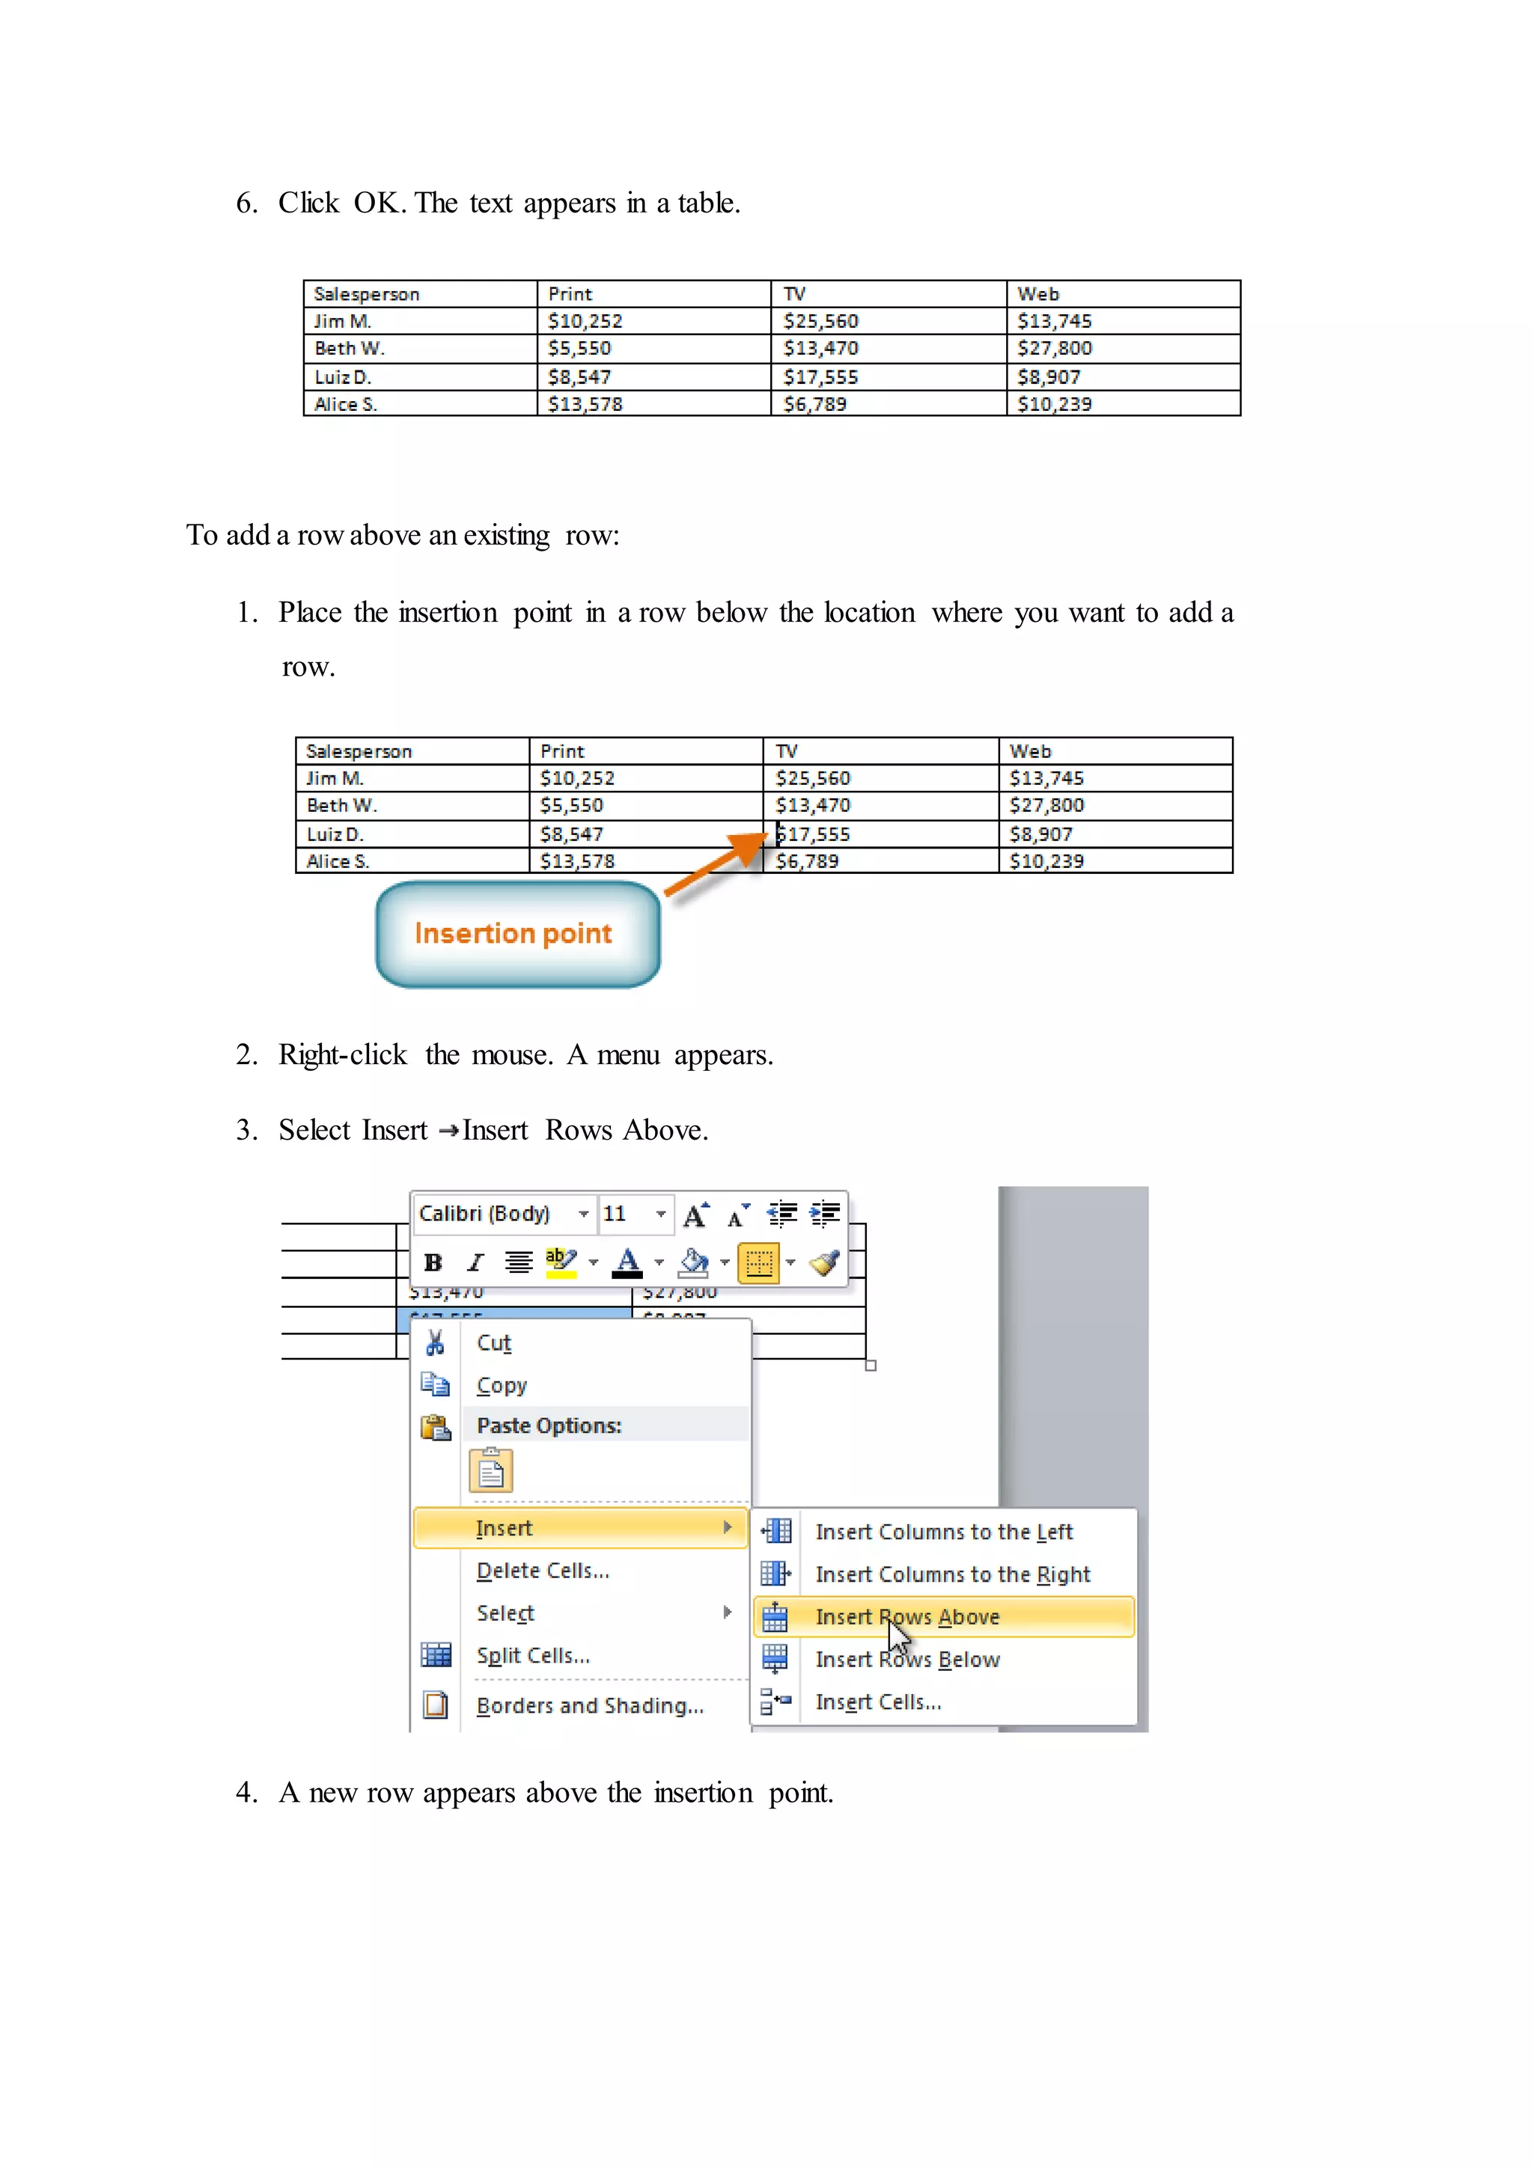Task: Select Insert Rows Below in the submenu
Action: coord(906,1659)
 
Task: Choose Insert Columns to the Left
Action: coord(943,1532)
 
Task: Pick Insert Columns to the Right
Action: coord(951,1574)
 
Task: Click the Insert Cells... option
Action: coord(878,1702)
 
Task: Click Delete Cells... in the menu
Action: coord(543,1571)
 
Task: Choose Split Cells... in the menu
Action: coord(532,1655)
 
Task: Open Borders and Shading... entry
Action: coord(589,1705)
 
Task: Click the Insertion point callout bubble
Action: coord(517,935)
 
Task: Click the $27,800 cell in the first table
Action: coord(1055,348)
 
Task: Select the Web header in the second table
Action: coord(1030,751)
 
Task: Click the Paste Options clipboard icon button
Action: coord(491,1470)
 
